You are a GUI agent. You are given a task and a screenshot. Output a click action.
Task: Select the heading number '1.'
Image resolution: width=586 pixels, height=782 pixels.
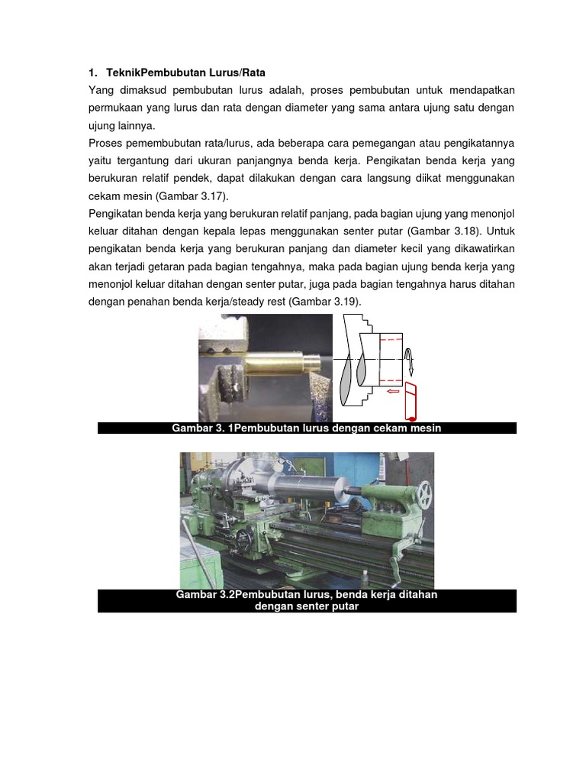[93, 73]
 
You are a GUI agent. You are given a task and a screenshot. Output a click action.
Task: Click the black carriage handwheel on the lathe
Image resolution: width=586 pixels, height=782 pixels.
[243, 539]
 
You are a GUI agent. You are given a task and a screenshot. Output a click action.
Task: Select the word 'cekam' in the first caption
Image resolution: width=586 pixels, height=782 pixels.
[369, 428]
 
